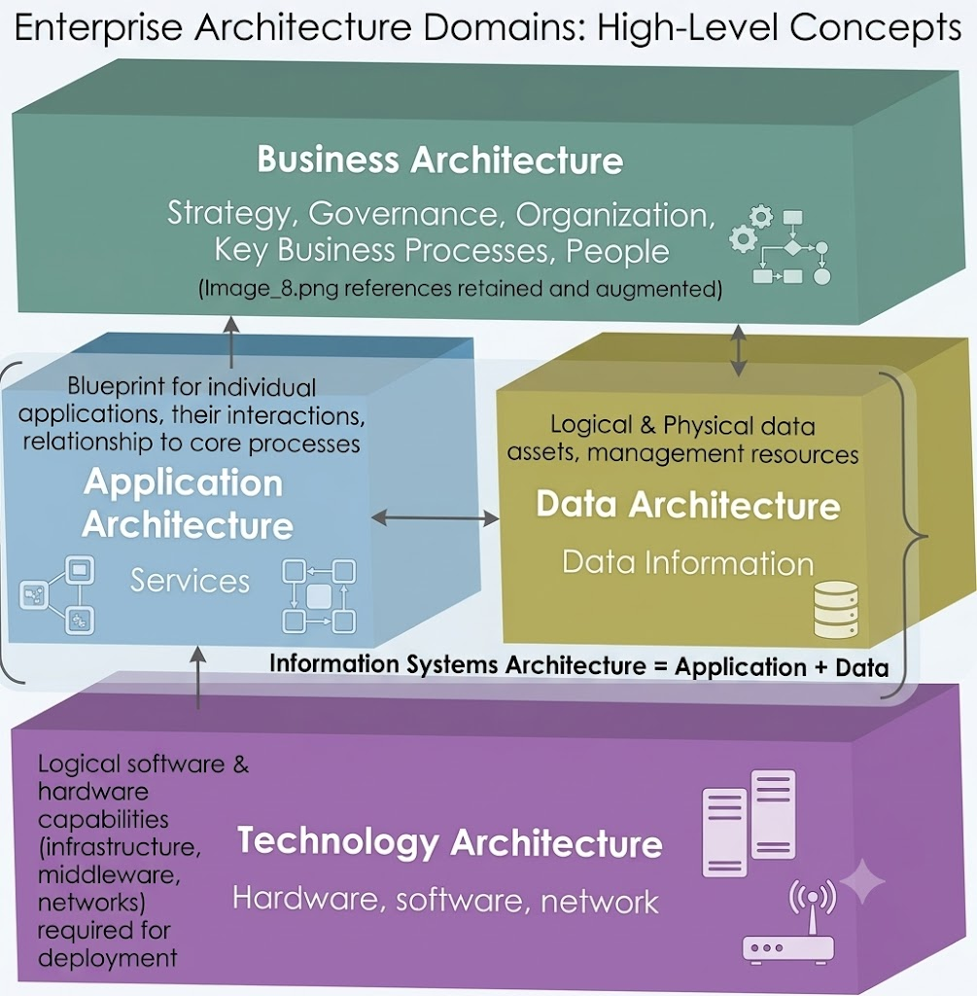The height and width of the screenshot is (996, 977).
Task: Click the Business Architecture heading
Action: (440, 160)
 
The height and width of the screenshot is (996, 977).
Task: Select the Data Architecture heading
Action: (688, 505)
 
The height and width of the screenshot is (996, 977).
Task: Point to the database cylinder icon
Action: (836, 609)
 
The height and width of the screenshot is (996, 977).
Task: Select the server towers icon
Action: (750, 823)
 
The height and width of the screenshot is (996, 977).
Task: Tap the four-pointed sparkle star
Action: (862, 881)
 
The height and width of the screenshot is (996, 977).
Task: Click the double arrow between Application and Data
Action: (435, 518)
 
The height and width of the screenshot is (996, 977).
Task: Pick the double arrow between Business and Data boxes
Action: (738, 350)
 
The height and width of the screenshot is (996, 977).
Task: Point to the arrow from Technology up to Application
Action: (198, 678)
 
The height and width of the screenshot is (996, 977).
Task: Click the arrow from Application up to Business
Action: (231, 341)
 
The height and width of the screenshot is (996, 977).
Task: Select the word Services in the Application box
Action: (190, 581)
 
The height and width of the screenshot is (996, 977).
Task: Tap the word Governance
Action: (403, 215)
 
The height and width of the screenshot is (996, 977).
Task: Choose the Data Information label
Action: (687, 563)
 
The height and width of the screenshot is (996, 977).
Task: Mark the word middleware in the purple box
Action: (109, 874)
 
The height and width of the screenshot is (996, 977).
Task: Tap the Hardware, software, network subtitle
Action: (445, 900)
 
